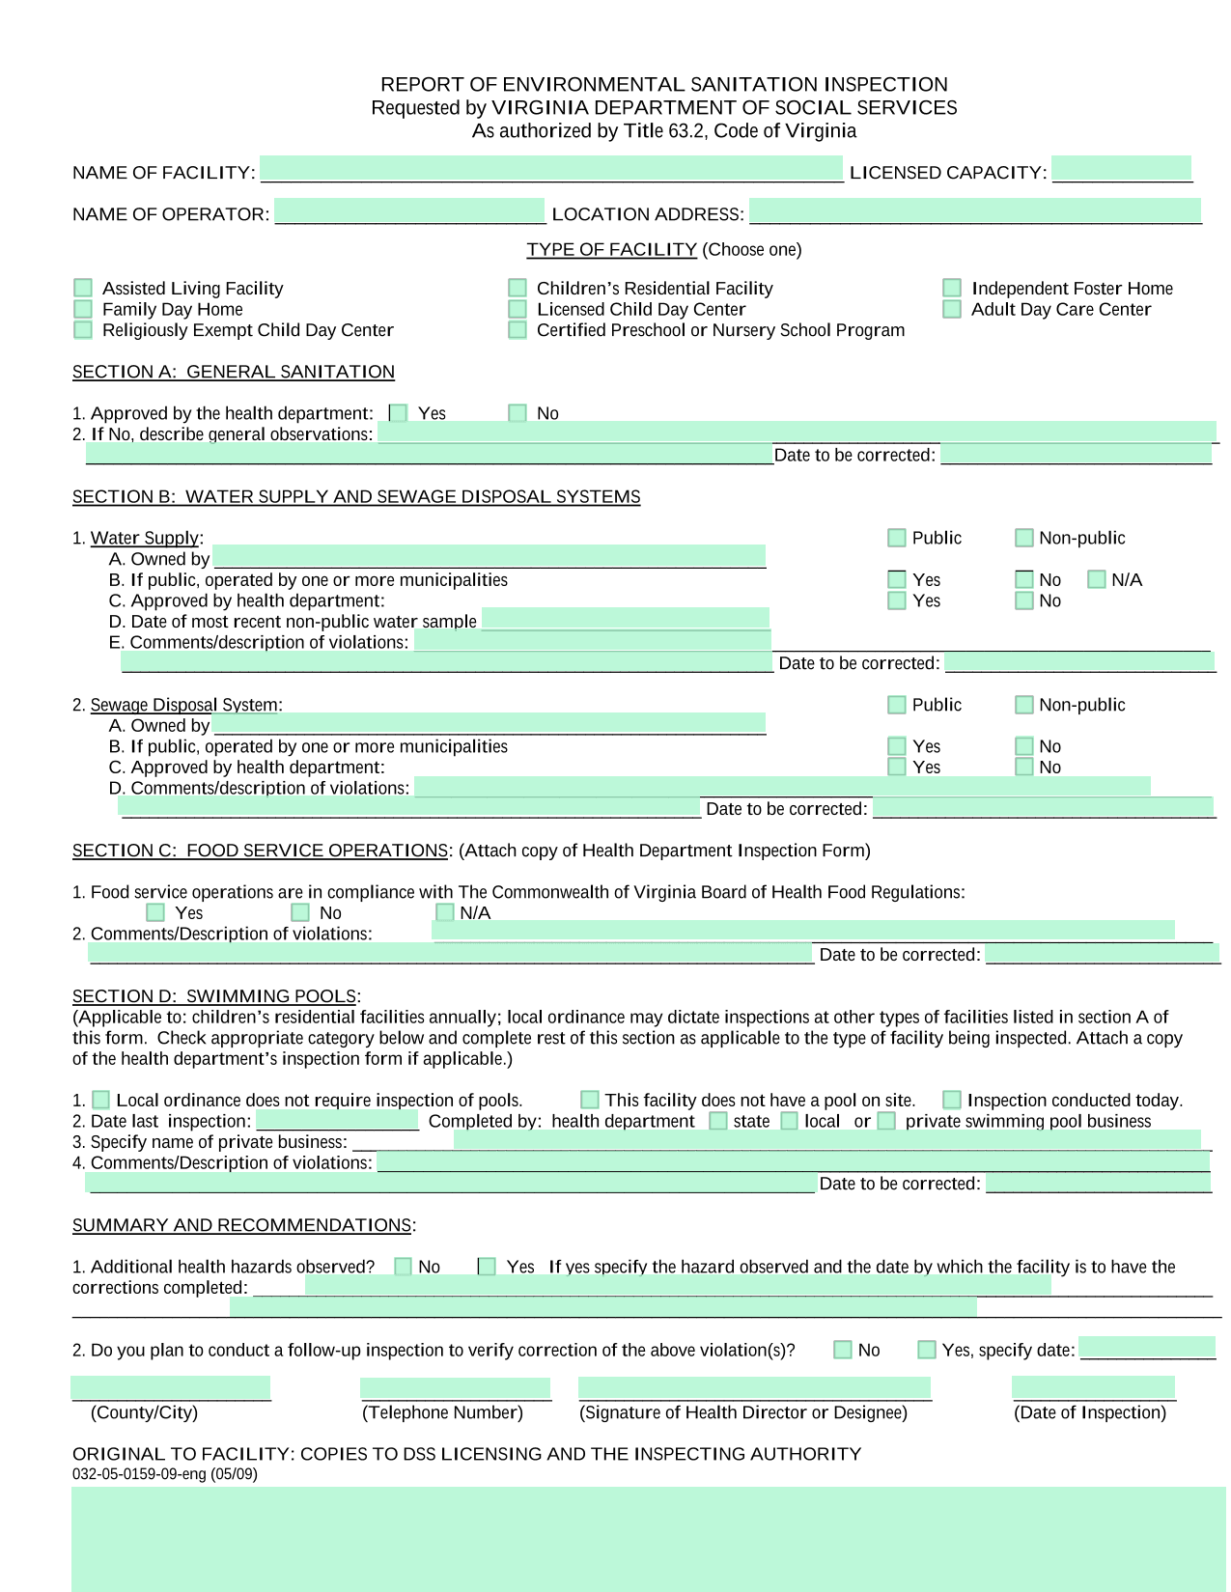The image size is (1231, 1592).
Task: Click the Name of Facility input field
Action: tap(551, 168)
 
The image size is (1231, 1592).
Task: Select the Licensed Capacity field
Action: tap(1121, 168)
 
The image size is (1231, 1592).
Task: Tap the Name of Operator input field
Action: tap(409, 210)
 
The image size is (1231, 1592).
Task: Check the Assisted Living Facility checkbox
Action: tap(83, 288)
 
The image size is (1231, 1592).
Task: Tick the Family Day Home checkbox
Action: tap(83, 309)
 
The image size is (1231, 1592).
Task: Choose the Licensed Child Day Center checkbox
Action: tap(518, 309)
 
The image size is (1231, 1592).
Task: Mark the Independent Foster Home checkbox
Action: tap(952, 288)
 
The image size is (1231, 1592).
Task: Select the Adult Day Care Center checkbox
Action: tap(952, 309)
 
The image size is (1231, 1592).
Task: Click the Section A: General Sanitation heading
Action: tap(233, 372)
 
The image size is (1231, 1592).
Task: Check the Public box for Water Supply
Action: tap(897, 538)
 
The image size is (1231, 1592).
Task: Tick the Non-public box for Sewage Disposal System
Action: tap(1024, 705)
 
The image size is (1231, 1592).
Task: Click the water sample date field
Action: tap(625, 619)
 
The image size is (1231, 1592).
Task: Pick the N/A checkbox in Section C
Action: tap(445, 912)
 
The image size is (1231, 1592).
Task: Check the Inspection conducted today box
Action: tap(952, 1100)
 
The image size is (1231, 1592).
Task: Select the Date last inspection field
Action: tap(337, 1120)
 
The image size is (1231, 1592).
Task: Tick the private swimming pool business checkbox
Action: tap(886, 1121)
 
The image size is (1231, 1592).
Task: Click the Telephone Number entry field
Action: tap(455, 1388)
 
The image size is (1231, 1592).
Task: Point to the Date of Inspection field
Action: tap(1093, 1387)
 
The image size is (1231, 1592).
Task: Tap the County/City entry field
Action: tap(171, 1388)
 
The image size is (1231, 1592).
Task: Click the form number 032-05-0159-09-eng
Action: tap(164, 1474)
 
